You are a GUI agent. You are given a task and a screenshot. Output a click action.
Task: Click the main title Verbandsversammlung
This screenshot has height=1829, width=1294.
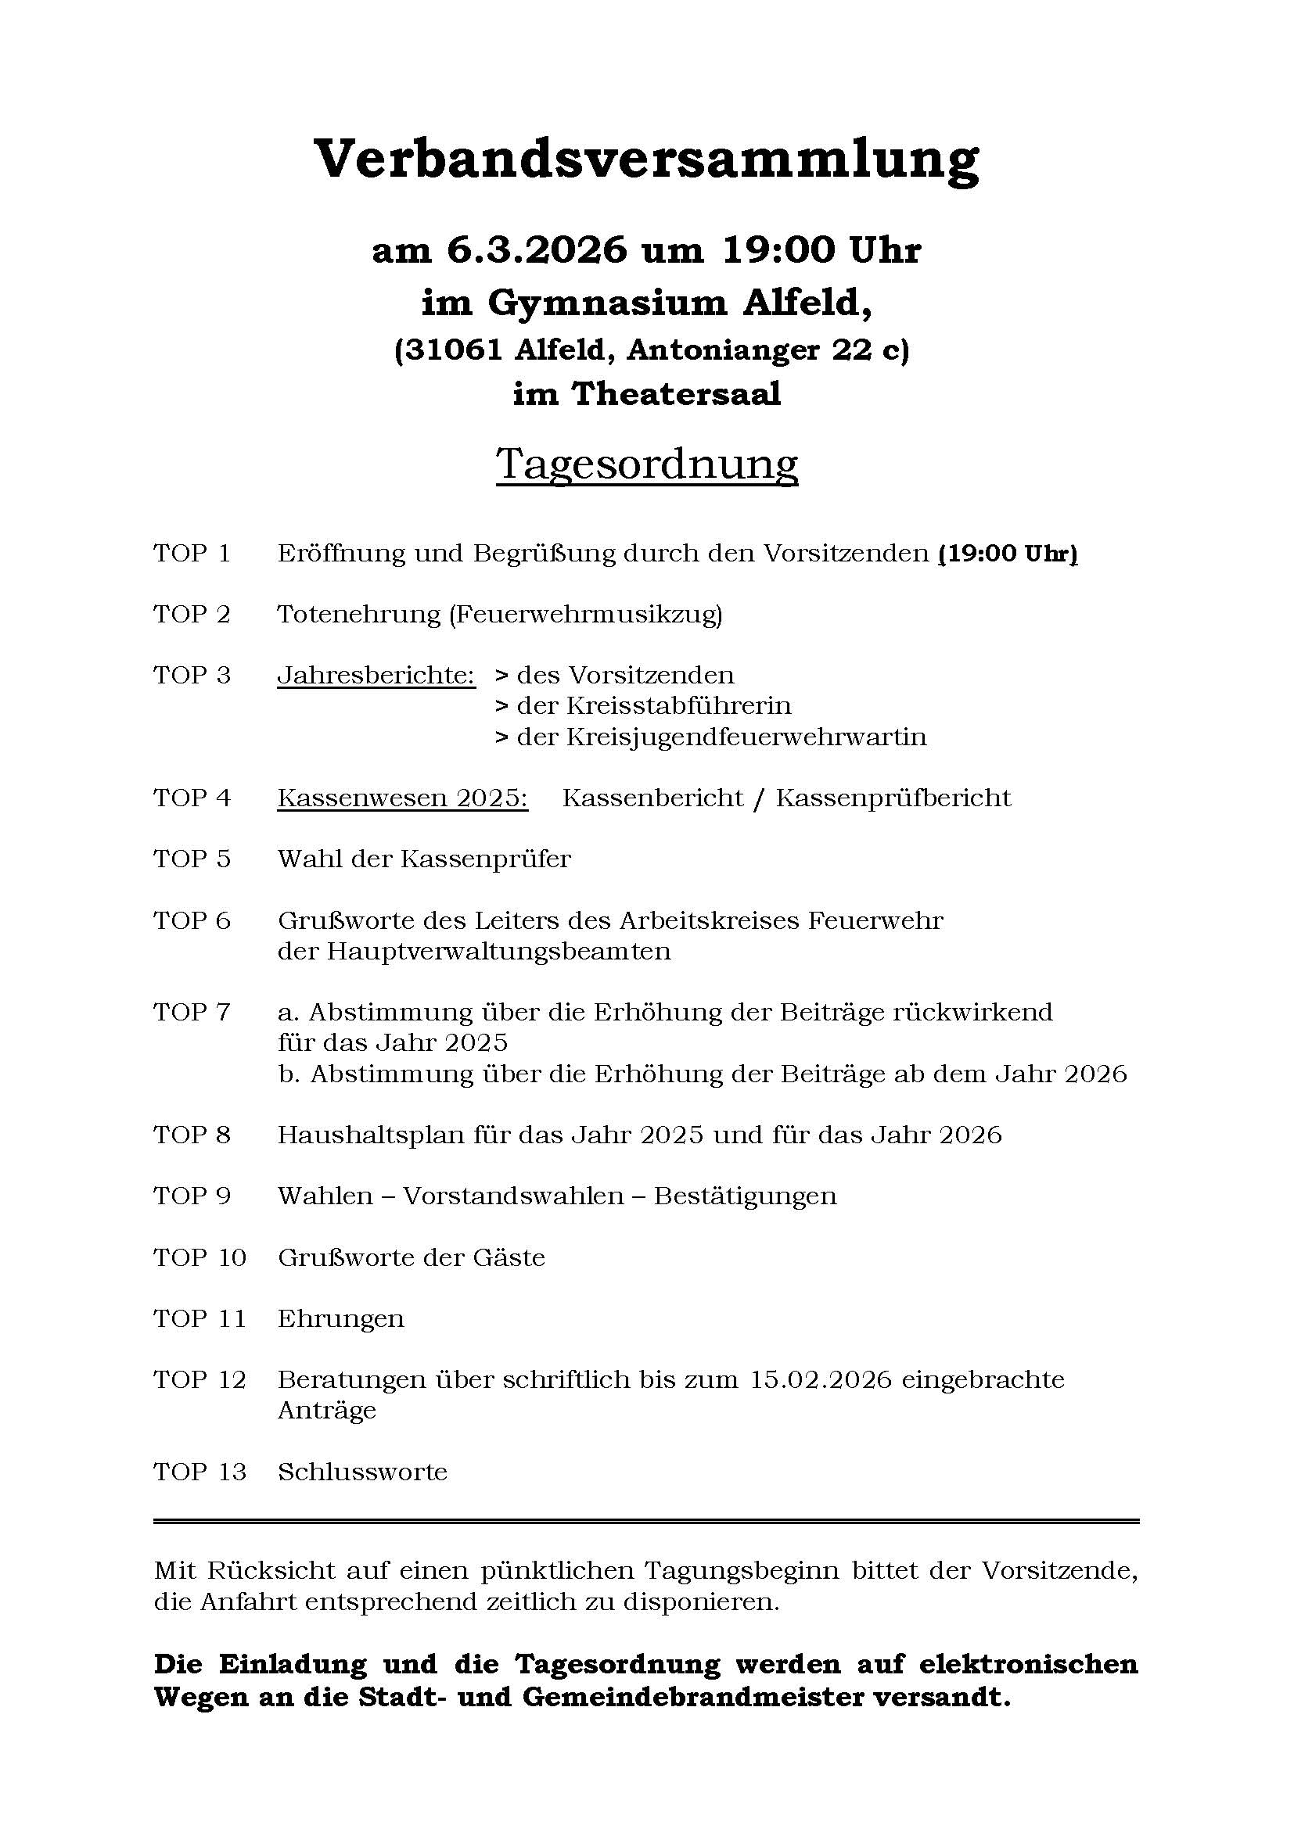click(x=646, y=160)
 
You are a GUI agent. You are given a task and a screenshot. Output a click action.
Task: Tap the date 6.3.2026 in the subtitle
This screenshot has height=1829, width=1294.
click(x=535, y=251)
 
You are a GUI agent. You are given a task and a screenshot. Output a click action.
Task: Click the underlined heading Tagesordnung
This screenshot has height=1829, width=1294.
click(x=646, y=464)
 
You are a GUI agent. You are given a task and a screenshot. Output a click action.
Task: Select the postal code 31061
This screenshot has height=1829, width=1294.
click(x=455, y=350)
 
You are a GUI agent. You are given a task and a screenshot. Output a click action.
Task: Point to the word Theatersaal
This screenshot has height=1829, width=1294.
click(x=676, y=394)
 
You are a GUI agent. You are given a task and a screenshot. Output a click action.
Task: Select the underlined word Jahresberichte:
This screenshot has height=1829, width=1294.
click(x=376, y=676)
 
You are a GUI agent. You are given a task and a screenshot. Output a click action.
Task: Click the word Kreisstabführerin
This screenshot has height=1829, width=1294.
click(x=679, y=706)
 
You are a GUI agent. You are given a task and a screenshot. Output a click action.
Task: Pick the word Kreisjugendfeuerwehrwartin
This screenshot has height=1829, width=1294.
click(x=746, y=737)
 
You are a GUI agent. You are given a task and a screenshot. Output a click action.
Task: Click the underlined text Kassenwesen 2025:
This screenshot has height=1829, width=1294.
click(x=402, y=798)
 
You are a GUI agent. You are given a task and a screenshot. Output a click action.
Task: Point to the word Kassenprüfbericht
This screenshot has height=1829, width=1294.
click(x=893, y=798)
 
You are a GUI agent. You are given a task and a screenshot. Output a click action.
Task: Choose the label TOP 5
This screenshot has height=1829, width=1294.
click(x=192, y=859)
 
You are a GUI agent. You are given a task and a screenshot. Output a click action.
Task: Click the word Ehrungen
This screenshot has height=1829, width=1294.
click(x=341, y=1319)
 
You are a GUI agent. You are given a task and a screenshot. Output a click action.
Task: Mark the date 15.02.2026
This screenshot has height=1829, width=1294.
click(x=821, y=1380)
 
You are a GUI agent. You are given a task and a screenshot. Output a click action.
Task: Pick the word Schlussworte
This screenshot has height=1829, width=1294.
click(x=362, y=1472)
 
